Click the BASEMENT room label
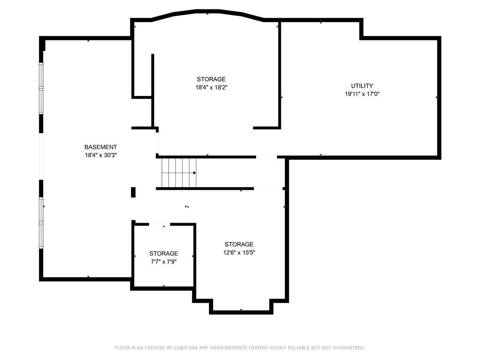pyautogui.click(x=100, y=147)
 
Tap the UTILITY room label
pyautogui.click(x=362, y=86)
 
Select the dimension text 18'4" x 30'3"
pyautogui.click(x=101, y=155)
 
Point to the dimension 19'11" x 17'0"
pyautogui.click(x=362, y=94)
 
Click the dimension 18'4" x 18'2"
pyautogui.click(x=211, y=87)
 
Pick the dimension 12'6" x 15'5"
pyautogui.click(x=239, y=253)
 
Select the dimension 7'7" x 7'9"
pyautogui.click(x=164, y=262)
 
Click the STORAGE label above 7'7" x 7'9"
pyautogui.click(x=164, y=254)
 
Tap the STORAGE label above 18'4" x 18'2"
pyautogui.click(x=211, y=79)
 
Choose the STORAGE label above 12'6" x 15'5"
pyautogui.click(x=239, y=244)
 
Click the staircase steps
pyautogui.click(x=179, y=172)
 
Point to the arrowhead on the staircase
pyautogui.click(x=195, y=173)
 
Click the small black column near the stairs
pyautogui.click(x=133, y=192)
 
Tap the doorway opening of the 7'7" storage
pyautogui.click(x=159, y=225)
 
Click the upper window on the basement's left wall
pyautogui.click(x=41, y=89)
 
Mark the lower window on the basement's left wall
pyautogui.click(x=41, y=223)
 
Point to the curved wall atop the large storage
pyautogui.click(x=207, y=12)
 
